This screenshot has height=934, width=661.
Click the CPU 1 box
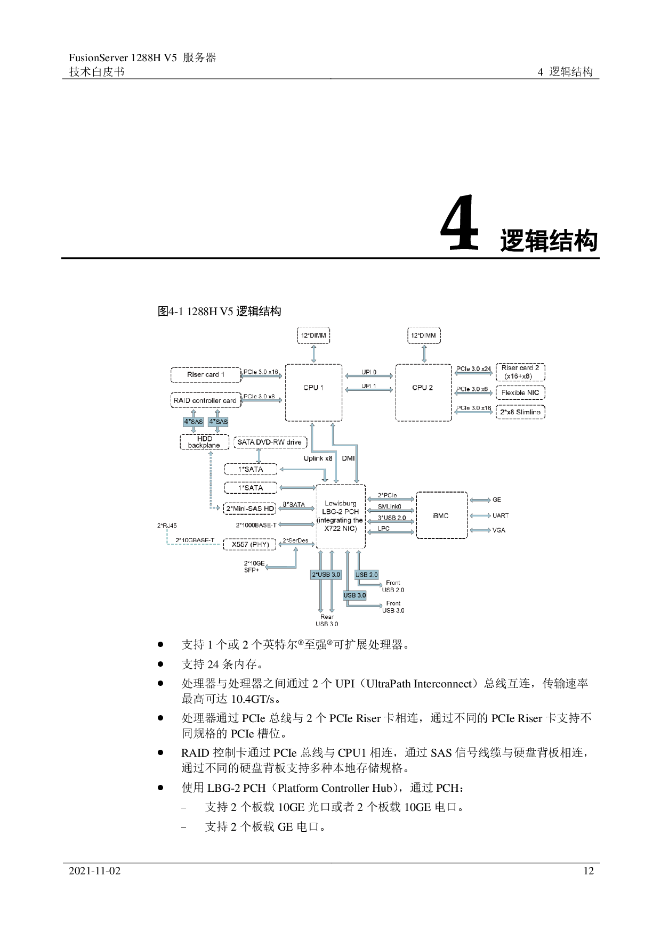313,392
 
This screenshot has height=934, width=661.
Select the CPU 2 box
423,392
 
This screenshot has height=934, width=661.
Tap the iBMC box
441,515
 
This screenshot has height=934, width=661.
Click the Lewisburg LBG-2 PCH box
341,515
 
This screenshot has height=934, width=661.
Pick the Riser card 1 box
206,374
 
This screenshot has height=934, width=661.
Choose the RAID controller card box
205,400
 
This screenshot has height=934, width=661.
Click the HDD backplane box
204,441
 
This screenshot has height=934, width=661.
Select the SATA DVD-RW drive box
270,442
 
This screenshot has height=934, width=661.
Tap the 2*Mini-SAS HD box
250,509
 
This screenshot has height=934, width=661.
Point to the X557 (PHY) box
250,544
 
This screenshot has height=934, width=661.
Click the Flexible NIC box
520,393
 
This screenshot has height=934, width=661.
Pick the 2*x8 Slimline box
520,412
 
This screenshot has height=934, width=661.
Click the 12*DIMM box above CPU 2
424,335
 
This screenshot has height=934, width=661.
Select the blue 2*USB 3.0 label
326,575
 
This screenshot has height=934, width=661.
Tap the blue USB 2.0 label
366,575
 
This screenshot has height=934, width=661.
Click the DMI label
348,458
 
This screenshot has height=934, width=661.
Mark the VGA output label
499,530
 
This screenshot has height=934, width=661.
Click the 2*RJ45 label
167,526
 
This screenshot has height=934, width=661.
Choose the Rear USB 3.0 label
327,620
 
